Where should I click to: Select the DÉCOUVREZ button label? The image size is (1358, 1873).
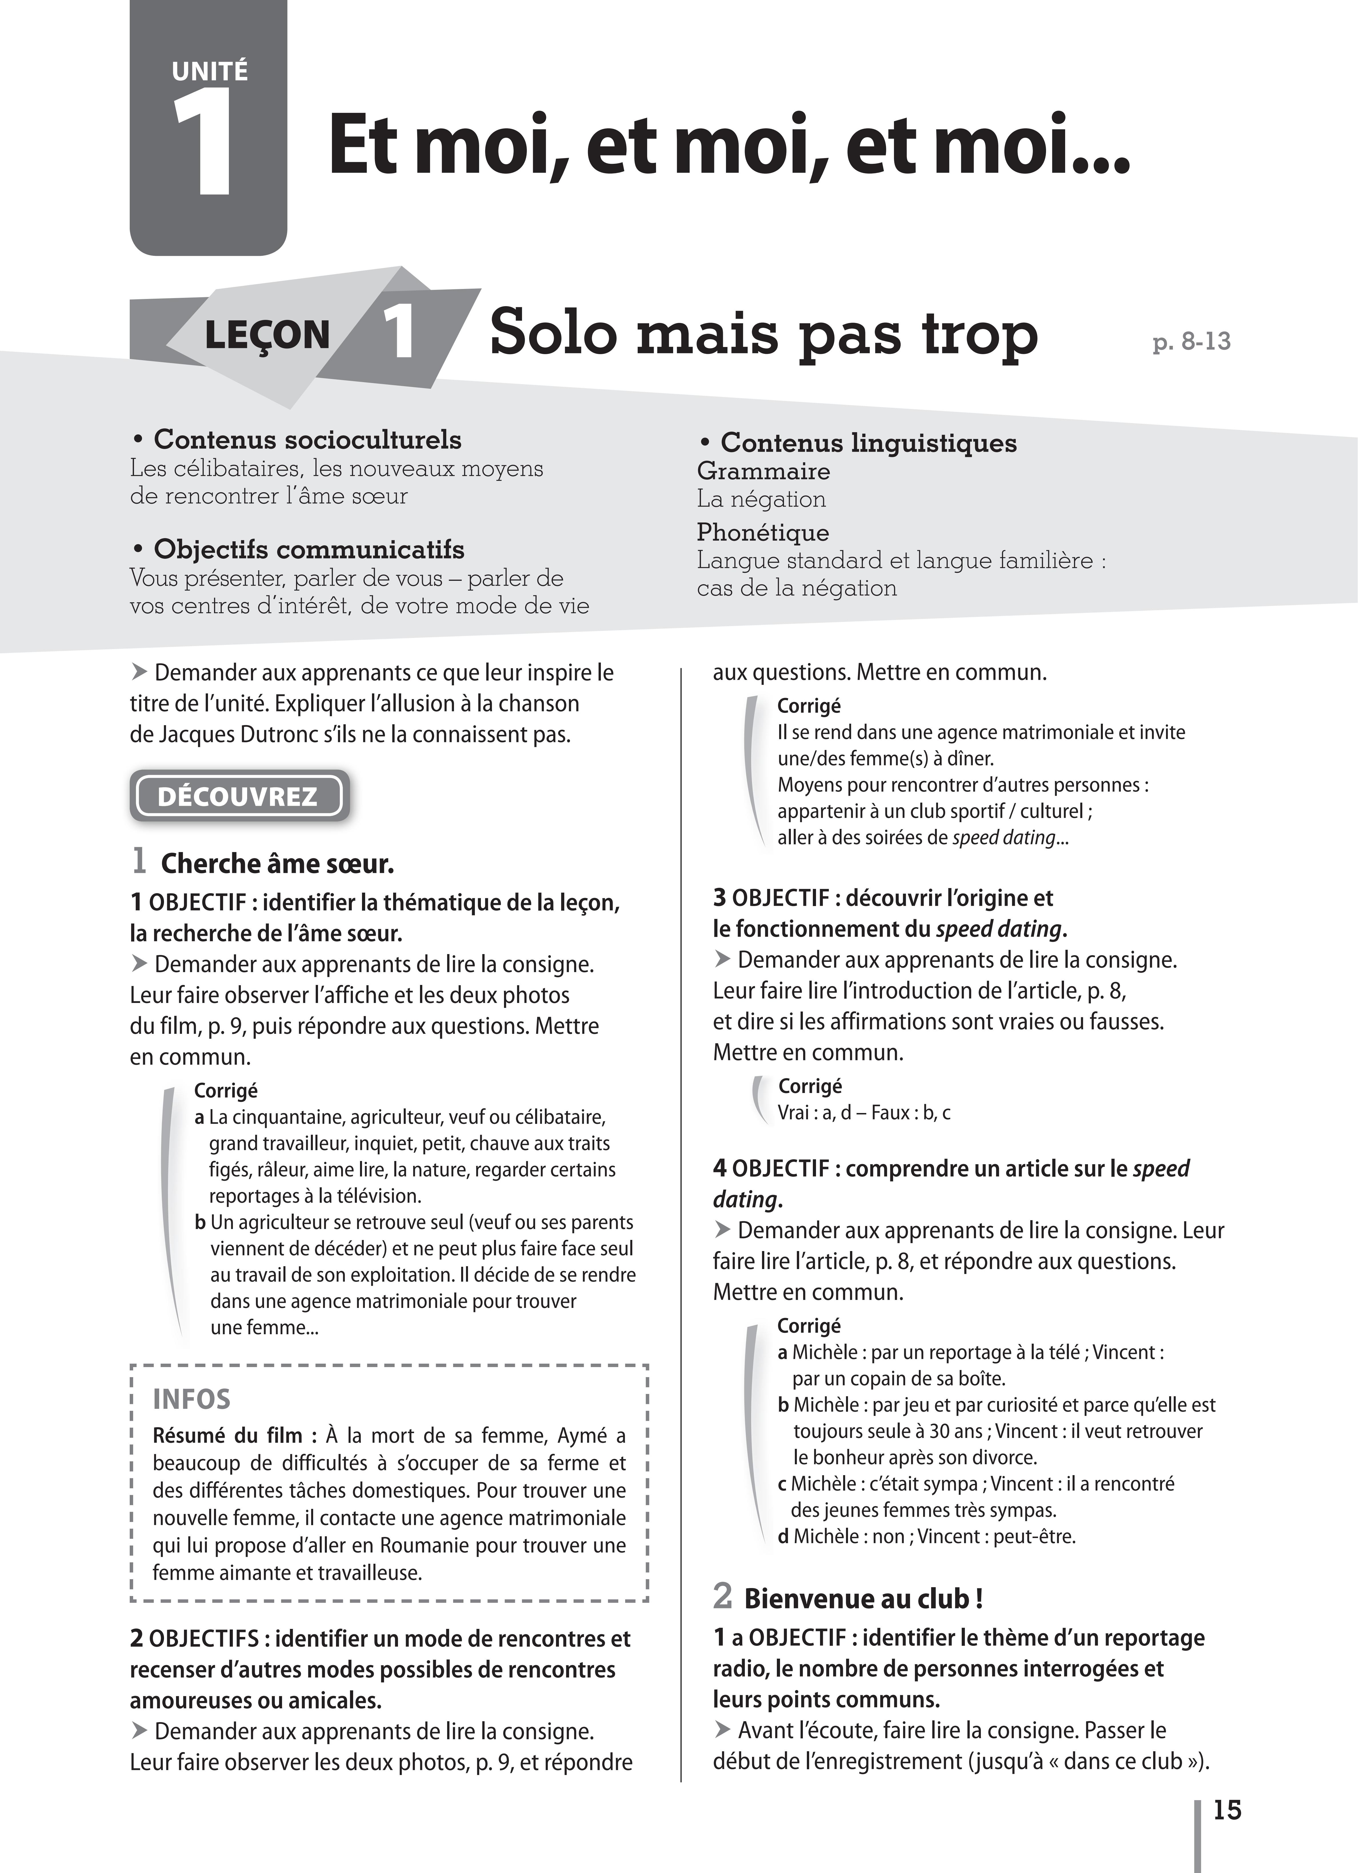pyautogui.click(x=238, y=796)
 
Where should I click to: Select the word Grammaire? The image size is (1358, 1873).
pyautogui.click(x=763, y=471)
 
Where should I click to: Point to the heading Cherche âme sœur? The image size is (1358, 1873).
pyautogui.click(x=277, y=864)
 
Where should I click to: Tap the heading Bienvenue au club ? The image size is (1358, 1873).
pyautogui.click(x=863, y=1598)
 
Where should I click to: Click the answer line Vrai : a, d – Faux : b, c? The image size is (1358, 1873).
pyautogui.click(x=863, y=1112)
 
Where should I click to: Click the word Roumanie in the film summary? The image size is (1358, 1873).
pyautogui.click(x=399, y=1545)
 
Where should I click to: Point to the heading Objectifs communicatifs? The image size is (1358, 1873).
pyautogui.click(x=309, y=549)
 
